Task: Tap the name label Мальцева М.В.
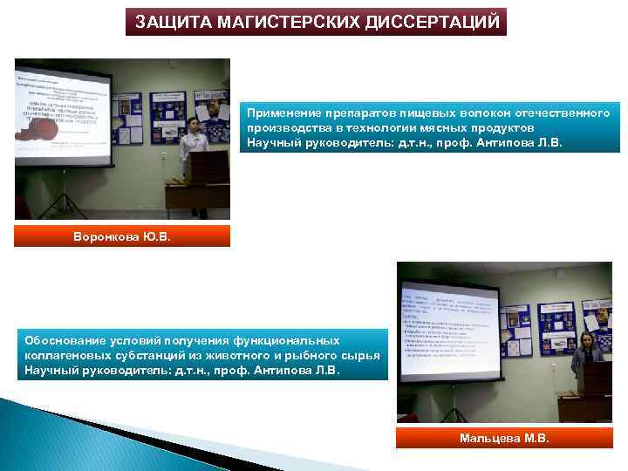(504, 438)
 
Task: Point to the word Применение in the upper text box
(279, 113)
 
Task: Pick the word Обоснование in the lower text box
(64, 340)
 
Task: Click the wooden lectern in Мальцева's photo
(597, 392)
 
